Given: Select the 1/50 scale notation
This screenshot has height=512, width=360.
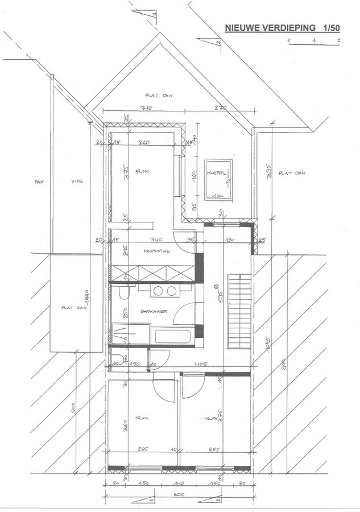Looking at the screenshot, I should coord(332,27).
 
